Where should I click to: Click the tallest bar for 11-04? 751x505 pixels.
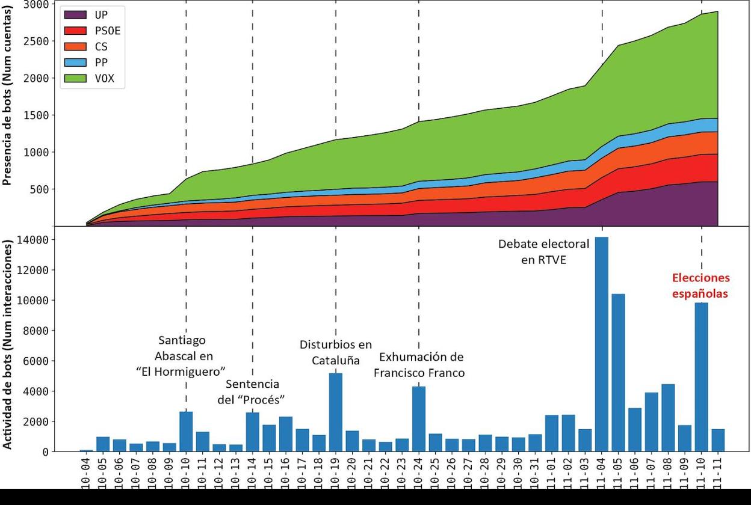pos(601,344)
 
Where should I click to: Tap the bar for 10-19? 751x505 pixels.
pos(336,412)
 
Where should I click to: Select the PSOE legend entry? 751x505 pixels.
pos(93,31)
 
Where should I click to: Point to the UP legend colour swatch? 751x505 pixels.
pos(75,15)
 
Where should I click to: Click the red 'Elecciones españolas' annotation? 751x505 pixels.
pos(700,286)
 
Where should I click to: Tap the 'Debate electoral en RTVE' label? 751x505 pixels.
pos(543,252)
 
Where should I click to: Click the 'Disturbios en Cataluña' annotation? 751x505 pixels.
pos(336,352)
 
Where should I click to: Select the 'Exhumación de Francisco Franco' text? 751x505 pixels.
pos(419,365)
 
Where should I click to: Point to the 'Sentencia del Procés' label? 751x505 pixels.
pos(252,391)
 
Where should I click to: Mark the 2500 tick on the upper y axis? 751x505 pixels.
pos(36,41)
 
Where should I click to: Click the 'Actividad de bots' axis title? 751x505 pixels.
pos(8,344)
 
